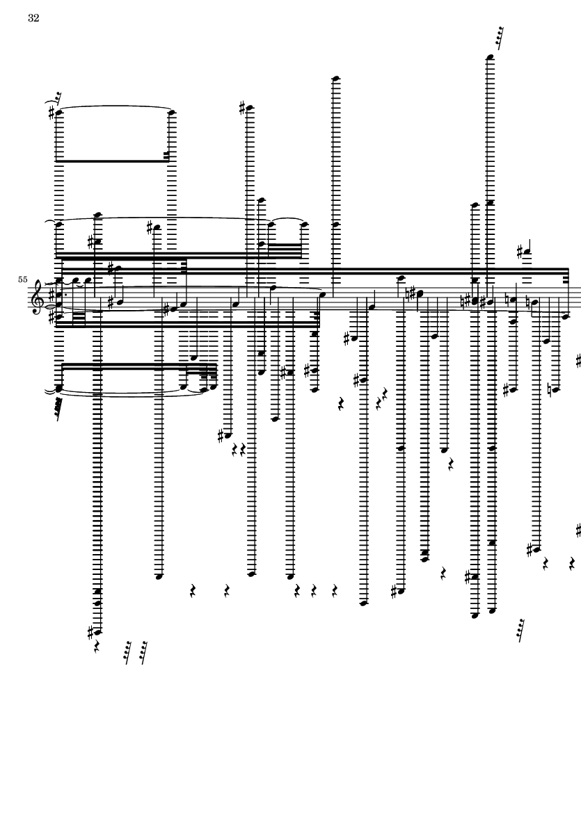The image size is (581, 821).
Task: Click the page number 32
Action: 33,19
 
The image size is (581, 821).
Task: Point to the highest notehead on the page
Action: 490,57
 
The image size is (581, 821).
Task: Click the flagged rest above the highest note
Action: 498,33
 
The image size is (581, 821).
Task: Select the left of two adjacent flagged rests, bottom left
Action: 128,652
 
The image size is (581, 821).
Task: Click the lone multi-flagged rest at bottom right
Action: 520,629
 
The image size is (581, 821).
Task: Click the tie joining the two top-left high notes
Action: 115,108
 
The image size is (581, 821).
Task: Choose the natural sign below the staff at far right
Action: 551,389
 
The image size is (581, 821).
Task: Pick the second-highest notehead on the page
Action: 336,78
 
